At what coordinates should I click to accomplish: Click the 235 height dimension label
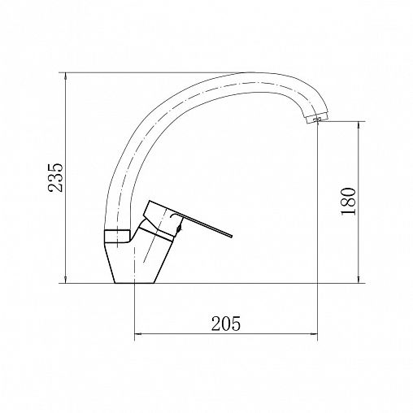[x=55, y=177]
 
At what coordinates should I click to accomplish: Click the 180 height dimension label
[x=348, y=201]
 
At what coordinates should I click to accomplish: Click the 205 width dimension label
[x=226, y=324]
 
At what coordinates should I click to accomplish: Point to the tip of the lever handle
[x=232, y=236]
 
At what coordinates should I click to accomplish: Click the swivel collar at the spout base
[x=117, y=237]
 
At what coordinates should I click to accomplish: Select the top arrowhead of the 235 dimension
[x=66, y=76]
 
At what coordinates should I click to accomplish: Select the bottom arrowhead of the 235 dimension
[x=66, y=280]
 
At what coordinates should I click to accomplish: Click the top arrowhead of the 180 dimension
[x=359, y=124]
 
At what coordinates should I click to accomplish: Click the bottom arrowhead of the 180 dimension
[x=359, y=280]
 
